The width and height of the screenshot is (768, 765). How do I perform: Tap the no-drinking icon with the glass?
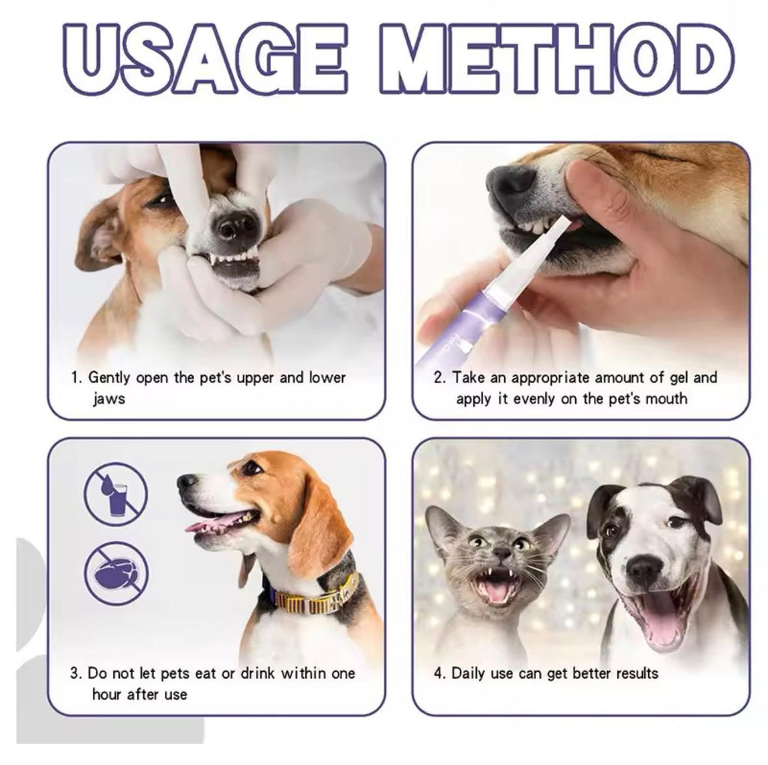coord(115,493)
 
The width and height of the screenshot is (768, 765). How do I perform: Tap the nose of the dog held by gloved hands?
coord(234,224)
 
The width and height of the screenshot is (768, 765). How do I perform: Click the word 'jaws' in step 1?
coord(109,399)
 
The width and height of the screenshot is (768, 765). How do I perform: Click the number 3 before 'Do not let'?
coord(76,673)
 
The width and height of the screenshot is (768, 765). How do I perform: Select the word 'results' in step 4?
coord(637,673)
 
